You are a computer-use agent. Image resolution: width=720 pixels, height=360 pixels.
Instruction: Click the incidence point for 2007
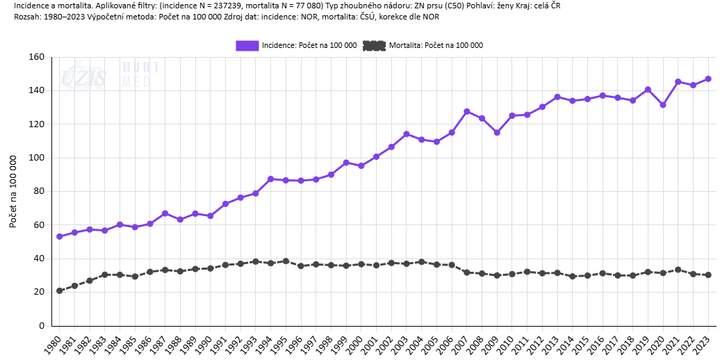point(467,111)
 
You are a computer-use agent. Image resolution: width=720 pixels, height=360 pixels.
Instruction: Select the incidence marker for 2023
point(708,79)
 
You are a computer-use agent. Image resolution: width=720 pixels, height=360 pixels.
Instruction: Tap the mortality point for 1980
point(60,291)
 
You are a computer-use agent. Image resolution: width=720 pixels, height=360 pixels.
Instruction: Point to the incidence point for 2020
point(663,105)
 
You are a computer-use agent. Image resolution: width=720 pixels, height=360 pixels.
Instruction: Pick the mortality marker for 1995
point(286,261)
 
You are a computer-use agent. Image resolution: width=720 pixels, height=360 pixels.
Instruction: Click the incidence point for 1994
point(271,179)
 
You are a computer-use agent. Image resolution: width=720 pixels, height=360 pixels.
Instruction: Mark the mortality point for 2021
point(678,270)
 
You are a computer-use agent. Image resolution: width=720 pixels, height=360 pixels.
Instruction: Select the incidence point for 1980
point(60,236)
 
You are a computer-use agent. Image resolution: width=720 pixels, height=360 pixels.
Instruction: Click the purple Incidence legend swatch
point(247,45)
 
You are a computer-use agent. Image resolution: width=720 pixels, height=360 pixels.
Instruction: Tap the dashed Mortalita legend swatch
point(374,45)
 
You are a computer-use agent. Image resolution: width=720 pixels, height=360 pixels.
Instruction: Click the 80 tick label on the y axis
point(40,191)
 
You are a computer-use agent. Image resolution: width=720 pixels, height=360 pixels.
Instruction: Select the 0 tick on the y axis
point(42,325)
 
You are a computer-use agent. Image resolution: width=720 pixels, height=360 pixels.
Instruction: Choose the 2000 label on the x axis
point(354,343)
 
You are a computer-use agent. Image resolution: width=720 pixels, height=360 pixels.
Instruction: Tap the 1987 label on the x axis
point(158,343)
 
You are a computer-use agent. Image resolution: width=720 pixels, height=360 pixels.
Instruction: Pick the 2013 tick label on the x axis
point(550,343)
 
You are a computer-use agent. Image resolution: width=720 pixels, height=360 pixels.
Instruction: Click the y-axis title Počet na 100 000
point(13,191)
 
